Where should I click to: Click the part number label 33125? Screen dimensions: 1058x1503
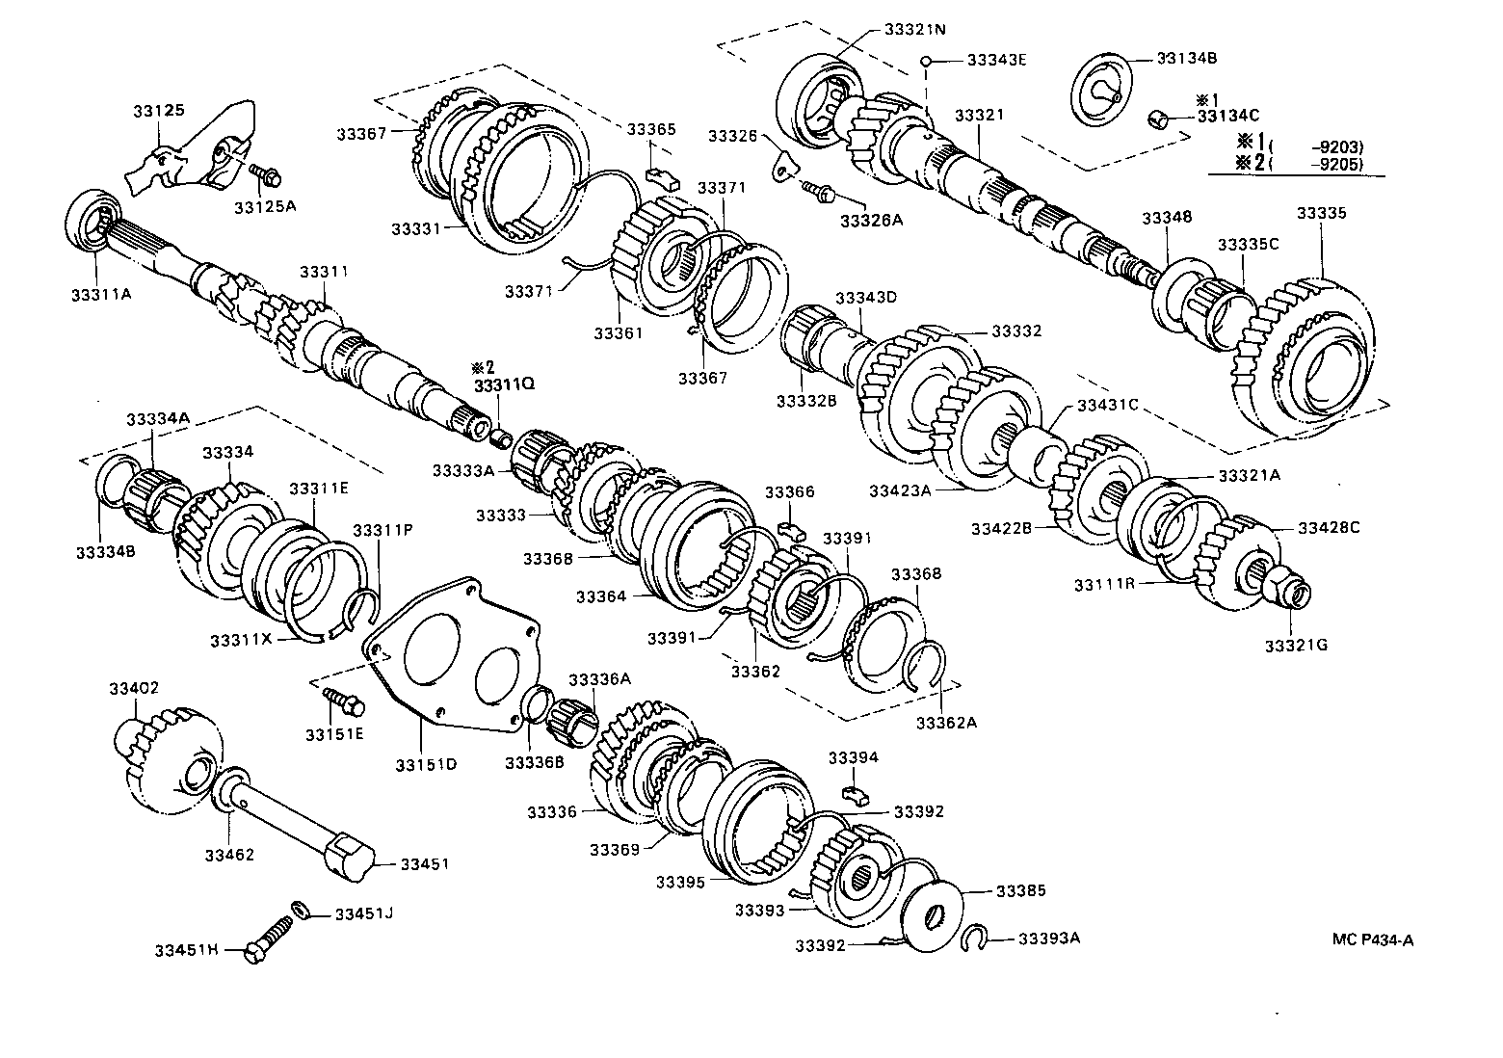tap(159, 112)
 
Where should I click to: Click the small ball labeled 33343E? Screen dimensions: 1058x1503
tap(925, 60)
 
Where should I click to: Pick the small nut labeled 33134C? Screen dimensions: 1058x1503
tap(1160, 119)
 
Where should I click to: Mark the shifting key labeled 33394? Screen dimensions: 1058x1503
tap(853, 793)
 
